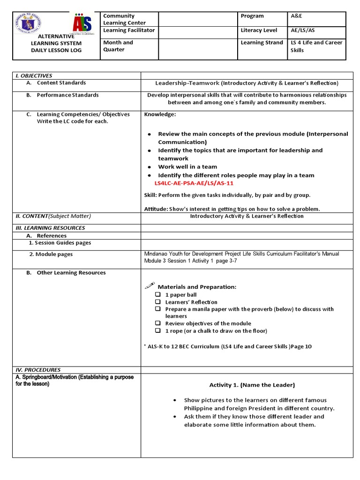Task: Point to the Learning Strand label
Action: tap(262, 43)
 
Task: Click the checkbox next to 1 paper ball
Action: tap(158, 295)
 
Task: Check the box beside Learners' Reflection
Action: tap(158, 302)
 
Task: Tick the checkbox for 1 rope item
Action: tap(158, 330)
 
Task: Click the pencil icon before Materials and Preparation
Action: tap(150, 285)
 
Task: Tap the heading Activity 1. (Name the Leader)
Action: tap(252, 385)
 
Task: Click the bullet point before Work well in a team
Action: tap(149, 167)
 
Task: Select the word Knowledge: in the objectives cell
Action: tap(160, 114)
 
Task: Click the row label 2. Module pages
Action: tap(51, 254)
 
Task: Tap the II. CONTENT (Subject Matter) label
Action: tap(53, 216)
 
